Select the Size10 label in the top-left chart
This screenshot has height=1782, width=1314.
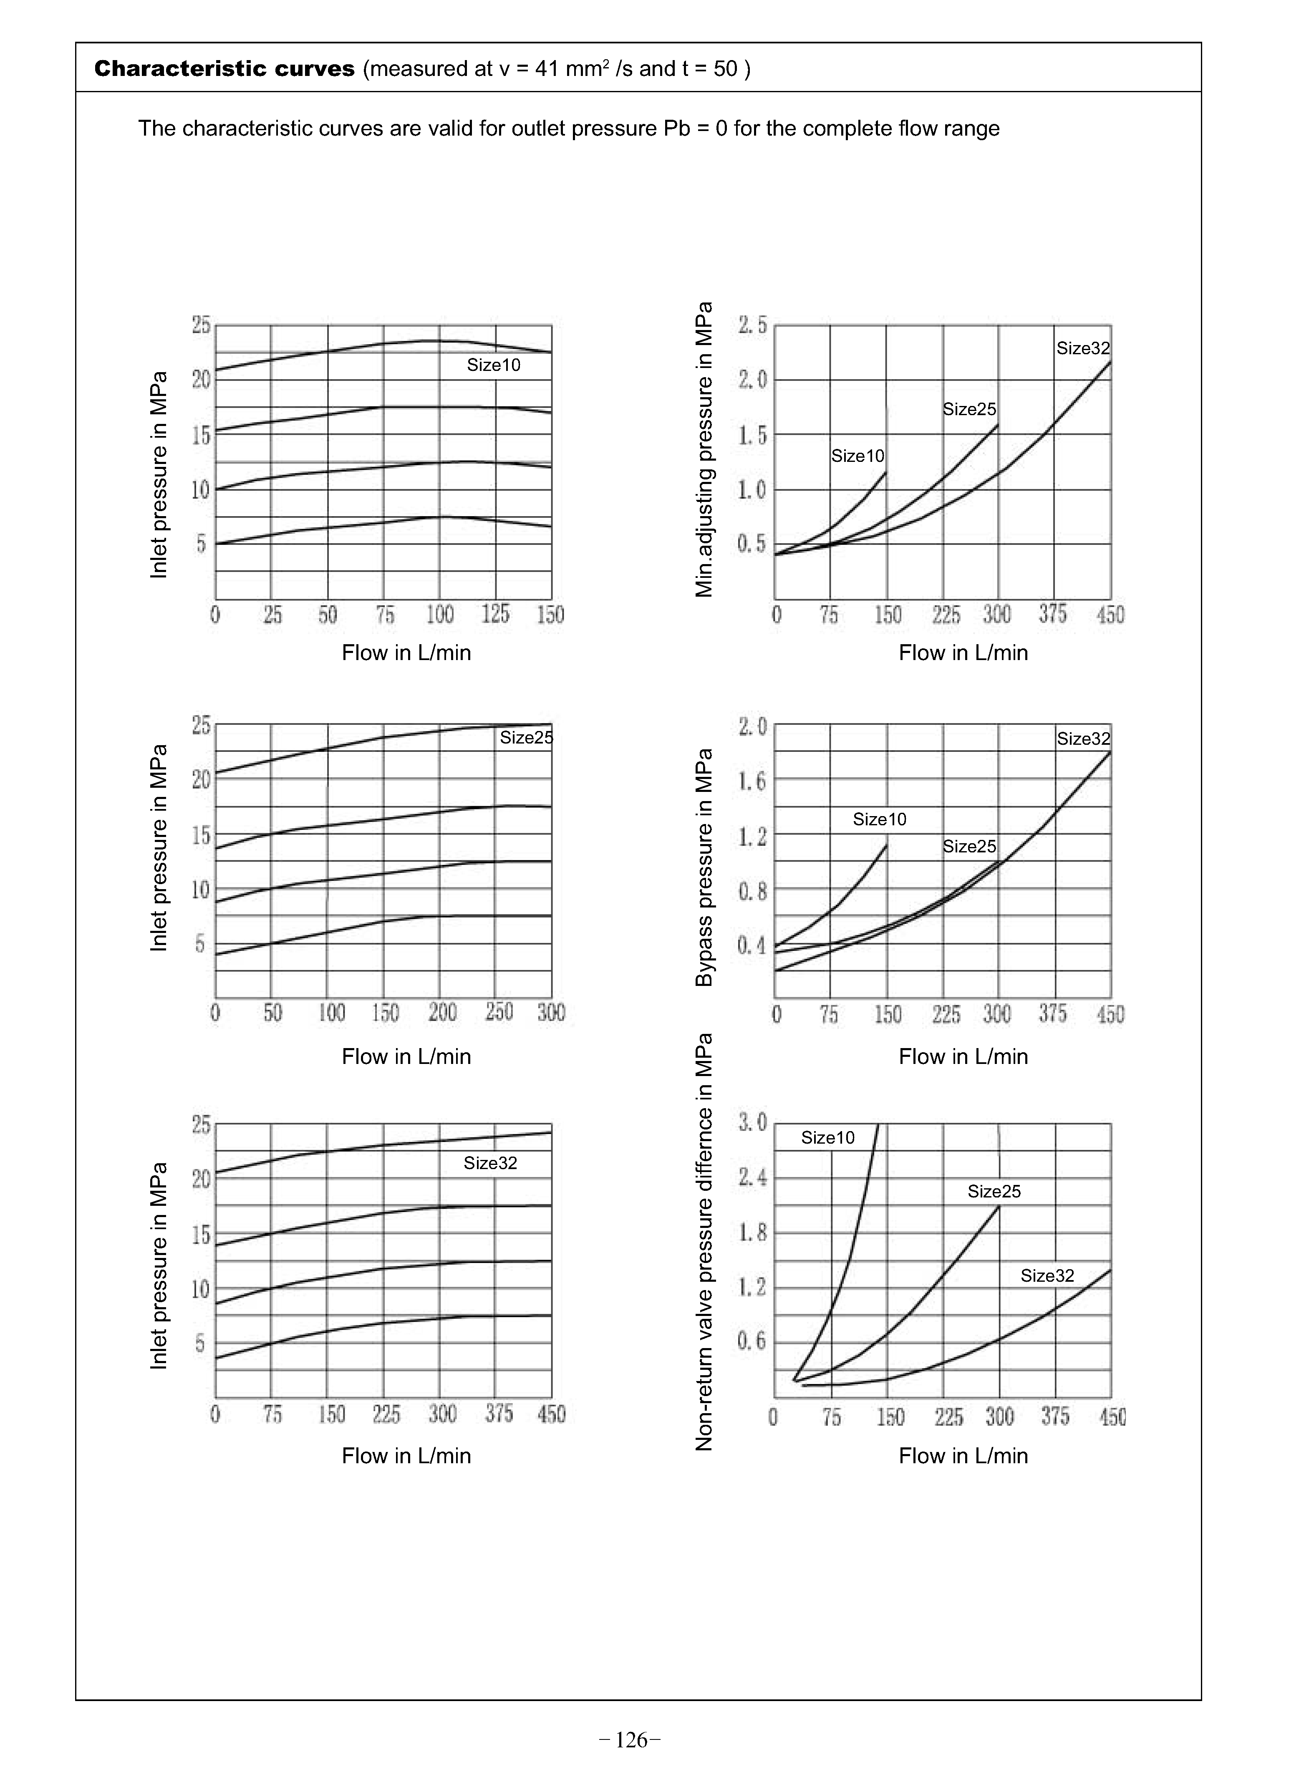tap(493, 365)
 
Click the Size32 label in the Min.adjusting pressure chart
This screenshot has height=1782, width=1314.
tap(1082, 348)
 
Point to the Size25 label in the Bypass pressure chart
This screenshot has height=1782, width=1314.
tap(969, 846)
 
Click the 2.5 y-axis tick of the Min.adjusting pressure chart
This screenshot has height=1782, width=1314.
tap(752, 325)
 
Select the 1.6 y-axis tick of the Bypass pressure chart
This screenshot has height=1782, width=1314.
tap(752, 781)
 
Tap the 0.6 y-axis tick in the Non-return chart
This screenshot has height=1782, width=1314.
tap(752, 1341)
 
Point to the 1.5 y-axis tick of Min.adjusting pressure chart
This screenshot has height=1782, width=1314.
tap(752, 435)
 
